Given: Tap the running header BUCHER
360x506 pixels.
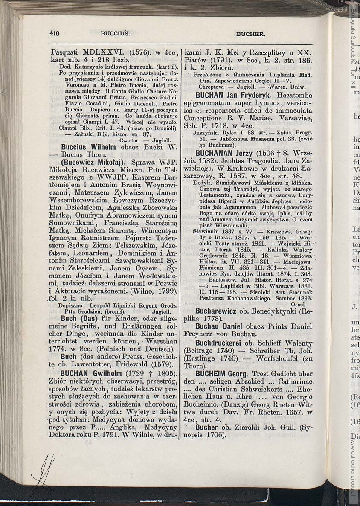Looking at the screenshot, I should coord(250,34).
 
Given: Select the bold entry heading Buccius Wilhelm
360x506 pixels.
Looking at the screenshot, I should coord(88,147).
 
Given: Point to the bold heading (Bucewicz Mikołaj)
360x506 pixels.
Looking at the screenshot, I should coord(93,162).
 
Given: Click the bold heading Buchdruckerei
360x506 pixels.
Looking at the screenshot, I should coord(221,342).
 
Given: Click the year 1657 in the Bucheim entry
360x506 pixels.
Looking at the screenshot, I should coord(294,412).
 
